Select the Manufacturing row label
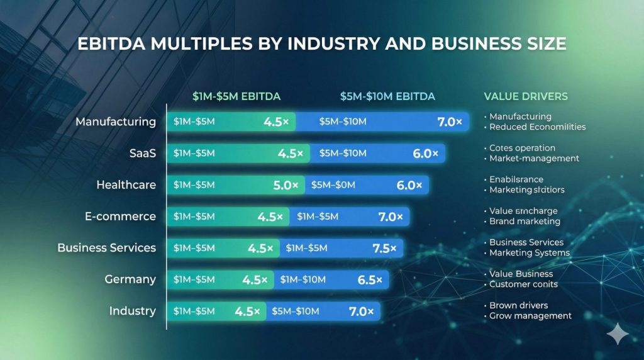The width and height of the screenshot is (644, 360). point(116,121)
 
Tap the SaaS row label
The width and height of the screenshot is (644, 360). point(143,153)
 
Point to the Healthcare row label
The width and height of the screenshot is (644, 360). point(126,184)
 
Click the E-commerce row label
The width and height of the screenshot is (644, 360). point(120,216)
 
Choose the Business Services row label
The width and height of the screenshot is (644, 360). point(106,247)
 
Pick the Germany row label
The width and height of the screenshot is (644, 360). point(130,279)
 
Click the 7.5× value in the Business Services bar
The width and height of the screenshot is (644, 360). point(384,248)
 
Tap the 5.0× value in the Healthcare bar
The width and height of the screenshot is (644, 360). point(286,185)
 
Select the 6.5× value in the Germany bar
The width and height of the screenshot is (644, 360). point(370,279)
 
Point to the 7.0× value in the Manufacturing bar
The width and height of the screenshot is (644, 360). point(450,122)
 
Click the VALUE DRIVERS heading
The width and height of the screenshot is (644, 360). point(526,96)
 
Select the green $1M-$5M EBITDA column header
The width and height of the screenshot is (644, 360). point(236,96)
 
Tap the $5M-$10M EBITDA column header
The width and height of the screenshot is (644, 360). point(387,96)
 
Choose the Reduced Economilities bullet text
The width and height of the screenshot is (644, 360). point(537,127)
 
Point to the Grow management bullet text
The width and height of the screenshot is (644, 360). point(530,315)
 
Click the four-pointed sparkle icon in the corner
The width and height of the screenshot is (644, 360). point(617,334)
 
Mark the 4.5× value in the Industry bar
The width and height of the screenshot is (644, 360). point(248,311)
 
